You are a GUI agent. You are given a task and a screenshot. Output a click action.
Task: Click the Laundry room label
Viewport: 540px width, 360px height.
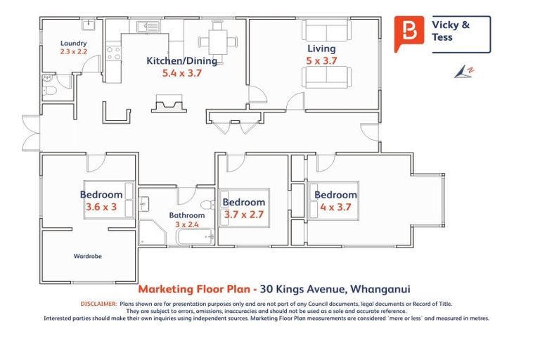click(73, 43)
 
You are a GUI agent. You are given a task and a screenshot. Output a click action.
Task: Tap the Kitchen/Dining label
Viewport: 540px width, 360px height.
click(181, 61)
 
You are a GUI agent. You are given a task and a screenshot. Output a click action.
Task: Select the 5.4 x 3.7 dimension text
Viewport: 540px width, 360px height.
click(181, 72)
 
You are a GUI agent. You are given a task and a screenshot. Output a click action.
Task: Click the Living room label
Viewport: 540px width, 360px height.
click(321, 49)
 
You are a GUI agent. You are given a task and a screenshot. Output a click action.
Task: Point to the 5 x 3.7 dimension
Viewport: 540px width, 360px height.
click(321, 61)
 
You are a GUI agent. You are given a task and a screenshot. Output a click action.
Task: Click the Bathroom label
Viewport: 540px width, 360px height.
click(186, 215)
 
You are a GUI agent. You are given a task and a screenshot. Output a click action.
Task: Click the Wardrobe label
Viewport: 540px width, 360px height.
click(88, 256)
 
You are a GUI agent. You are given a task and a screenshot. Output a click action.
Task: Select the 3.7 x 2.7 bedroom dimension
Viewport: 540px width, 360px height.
click(243, 214)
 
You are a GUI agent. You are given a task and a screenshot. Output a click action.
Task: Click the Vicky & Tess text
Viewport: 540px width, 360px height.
click(450, 31)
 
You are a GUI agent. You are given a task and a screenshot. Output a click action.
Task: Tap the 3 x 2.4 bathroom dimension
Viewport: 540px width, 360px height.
click(186, 225)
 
